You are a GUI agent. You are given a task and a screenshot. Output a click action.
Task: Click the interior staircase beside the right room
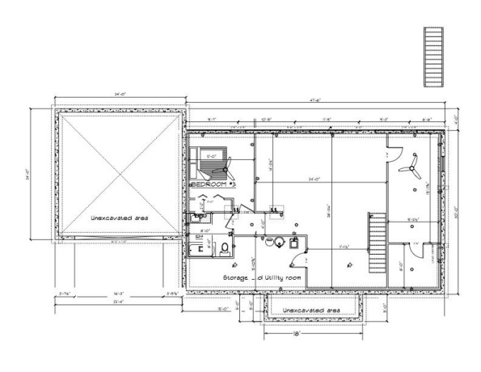pyautogui.click(x=375, y=243)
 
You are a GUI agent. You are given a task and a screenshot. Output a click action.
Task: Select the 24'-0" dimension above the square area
pyautogui.click(x=121, y=96)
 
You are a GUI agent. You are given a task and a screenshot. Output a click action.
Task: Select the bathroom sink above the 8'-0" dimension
pyautogui.click(x=198, y=218)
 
